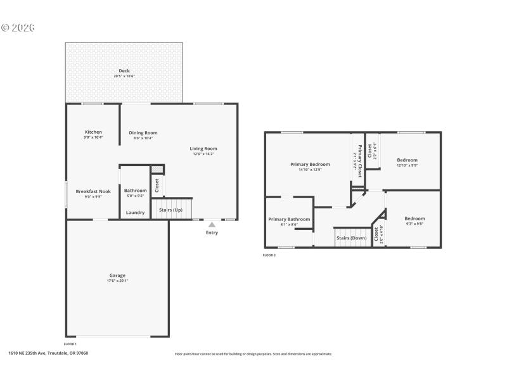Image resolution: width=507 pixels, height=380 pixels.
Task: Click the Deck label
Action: [x=124, y=71]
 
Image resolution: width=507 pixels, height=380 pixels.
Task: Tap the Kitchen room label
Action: [x=93, y=132]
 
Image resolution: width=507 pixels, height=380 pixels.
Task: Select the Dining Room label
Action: [x=143, y=132]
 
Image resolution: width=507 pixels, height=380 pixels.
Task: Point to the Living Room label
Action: [x=203, y=148]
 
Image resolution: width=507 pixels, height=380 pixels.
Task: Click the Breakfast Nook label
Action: [x=93, y=191]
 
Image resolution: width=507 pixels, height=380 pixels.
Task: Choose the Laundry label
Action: [x=135, y=212]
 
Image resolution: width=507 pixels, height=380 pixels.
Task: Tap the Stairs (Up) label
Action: [x=170, y=210]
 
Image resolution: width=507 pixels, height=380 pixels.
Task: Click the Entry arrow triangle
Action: [x=212, y=224]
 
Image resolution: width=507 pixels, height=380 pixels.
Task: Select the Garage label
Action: [x=117, y=275]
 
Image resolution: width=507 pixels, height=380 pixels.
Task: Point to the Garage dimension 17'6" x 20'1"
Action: [x=117, y=281]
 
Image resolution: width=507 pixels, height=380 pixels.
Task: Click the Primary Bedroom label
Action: [x=310, y=164]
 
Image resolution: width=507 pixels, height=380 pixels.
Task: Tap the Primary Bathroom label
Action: [x=290, y=219]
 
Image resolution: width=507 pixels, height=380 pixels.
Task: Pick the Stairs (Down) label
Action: [x=351, y=238]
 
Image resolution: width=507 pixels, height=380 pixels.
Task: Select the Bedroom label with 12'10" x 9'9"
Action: [x=407, y=160]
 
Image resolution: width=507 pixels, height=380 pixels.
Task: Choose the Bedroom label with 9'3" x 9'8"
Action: [x=414, y=218]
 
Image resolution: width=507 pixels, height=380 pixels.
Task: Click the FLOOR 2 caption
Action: [x=269, y=255]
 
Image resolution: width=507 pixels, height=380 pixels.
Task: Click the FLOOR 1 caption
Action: [x=70, y=344]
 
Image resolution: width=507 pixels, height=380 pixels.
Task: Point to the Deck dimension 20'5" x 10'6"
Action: [x=124, y=76]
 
